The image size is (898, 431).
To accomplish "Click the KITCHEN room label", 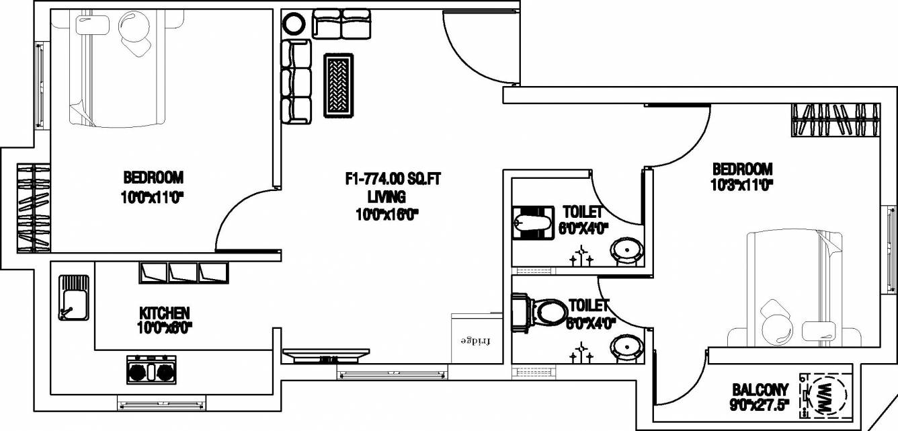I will coord(164,313).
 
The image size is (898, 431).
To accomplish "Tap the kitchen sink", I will coord(73,297).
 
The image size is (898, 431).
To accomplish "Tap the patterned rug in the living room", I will coord(341,86).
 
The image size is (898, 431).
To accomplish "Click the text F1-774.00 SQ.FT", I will coord(393,179).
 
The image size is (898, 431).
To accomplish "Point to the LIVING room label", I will coord(386,197).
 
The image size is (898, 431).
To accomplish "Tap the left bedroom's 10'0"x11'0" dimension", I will coord(153,197).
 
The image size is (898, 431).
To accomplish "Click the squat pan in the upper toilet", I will coord(532,223).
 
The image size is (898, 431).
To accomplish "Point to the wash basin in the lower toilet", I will coord(625,348).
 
